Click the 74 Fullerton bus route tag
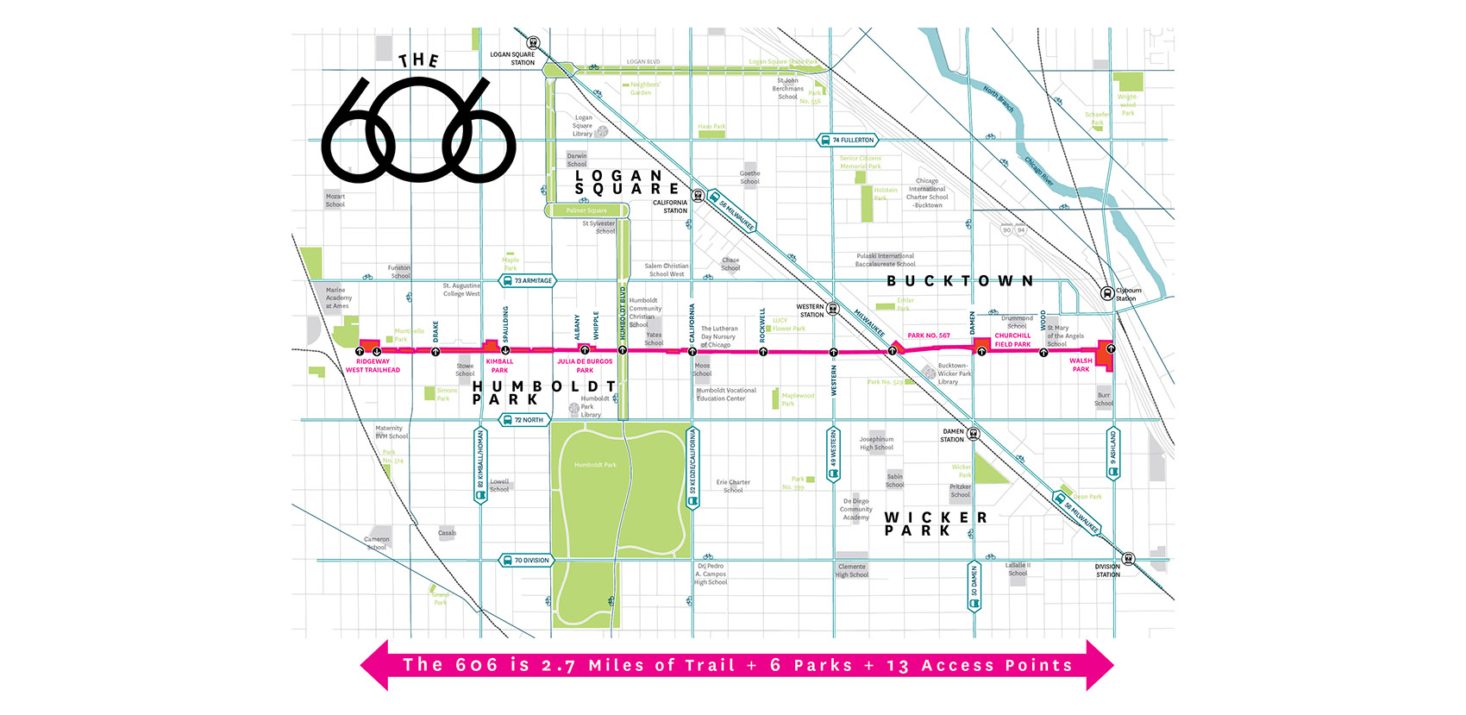click(847, 140)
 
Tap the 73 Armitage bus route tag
click(528, 280)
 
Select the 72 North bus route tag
click(523, 420)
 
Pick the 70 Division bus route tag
click(526, 561)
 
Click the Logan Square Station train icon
click(533, 41)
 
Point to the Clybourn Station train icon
click(1107, 293)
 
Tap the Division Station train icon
click(1128, 559)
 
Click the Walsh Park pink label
click(1081, 365)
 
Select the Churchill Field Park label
click(1012, 340)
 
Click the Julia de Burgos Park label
click(585, 366)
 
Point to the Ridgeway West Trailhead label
click(373, 366)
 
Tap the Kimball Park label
click(499, 366)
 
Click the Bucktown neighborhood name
click(960, 281)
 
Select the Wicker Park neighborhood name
click(935, 524)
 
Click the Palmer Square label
click(586, 210)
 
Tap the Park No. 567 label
click(929, 336)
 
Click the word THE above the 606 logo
click(419, 60)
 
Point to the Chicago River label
click(1039, 171)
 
